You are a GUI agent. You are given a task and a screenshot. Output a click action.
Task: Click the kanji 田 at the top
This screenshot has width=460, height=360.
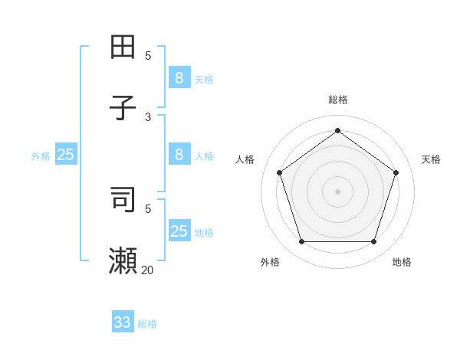[123, 47]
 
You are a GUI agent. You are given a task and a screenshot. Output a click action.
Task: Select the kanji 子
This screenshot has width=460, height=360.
[123, 108]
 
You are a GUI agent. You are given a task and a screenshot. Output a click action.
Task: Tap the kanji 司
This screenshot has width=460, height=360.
[123, 199]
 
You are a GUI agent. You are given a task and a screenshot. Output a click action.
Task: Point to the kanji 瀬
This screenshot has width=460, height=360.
[123, 261]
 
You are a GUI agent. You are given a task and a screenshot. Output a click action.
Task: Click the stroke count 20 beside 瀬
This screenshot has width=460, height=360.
[147, 270]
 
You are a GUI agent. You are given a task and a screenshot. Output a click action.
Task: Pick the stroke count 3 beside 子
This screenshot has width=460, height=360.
[148, 116]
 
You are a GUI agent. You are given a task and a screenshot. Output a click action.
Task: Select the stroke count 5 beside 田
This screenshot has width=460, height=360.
[148, 55]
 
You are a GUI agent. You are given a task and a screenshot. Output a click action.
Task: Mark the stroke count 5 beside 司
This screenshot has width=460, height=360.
[148, 208]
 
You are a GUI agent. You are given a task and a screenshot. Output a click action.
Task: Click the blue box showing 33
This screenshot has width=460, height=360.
[123, 322]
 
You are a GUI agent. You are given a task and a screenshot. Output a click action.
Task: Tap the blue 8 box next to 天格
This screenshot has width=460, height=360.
[179, 77]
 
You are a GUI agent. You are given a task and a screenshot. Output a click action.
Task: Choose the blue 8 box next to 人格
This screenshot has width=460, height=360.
[179, 154]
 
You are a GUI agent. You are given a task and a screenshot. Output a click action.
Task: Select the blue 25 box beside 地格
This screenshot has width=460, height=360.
[179, 231]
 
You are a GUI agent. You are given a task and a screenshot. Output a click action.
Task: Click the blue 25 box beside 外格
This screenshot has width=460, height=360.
[66, 155]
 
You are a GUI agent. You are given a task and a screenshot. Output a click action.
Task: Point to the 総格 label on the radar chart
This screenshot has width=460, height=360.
[338, 100]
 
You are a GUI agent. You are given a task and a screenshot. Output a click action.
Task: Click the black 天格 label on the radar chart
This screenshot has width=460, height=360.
[431, 159]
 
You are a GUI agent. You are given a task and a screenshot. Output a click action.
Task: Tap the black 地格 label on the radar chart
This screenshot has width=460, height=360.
[402, 262]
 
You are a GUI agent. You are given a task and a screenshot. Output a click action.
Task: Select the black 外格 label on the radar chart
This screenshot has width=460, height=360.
[270, 262]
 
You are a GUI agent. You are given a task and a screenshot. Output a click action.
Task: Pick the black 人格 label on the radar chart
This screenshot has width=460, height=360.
[245, 159]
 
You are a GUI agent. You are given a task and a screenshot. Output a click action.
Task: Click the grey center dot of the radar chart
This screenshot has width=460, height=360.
[337, 191]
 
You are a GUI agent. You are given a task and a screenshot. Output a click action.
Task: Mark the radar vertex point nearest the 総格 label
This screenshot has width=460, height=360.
[337, 130]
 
